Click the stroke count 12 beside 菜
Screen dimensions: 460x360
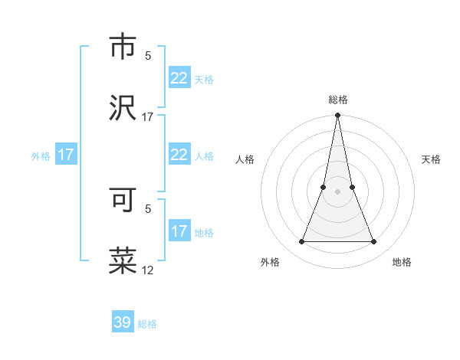(148, 270)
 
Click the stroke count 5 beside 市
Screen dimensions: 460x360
(148, 55)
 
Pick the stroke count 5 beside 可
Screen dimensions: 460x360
(148, 208)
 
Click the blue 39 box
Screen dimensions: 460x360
(123, 322)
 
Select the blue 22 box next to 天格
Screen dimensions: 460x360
(179, 78)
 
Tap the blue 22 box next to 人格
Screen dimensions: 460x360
(179, 155)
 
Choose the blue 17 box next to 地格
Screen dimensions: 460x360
(179, 231)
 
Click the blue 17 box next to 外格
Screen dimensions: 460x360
(66, 155)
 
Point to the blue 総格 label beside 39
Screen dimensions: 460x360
(147, 324)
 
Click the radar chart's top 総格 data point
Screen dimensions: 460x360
(337, 116)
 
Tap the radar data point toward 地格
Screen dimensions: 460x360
(374, 242)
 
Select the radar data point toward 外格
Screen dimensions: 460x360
(301, 242)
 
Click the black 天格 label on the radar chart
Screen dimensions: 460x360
(432, 159)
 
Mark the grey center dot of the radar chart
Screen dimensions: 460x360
(337, 191)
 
